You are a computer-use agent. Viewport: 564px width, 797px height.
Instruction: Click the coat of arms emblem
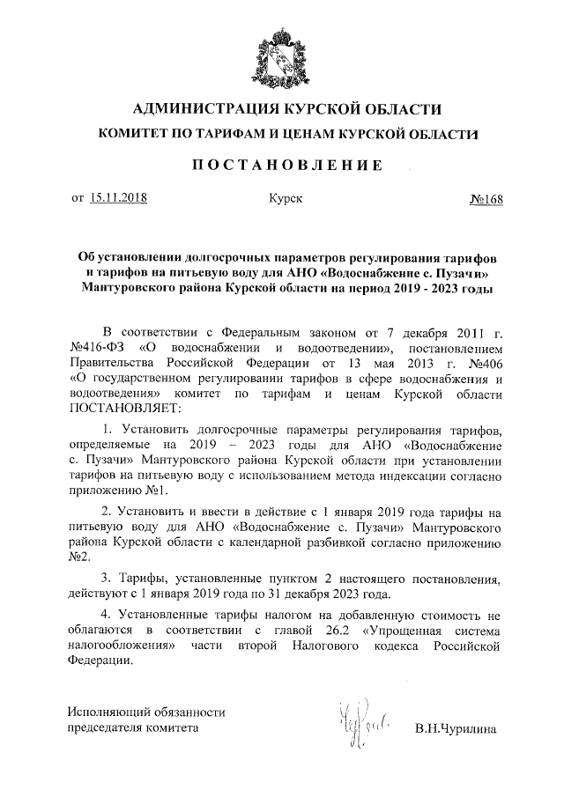282,53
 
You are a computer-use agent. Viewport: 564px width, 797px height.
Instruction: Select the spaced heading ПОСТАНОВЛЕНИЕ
281,166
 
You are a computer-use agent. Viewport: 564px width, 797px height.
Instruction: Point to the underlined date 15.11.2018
118,199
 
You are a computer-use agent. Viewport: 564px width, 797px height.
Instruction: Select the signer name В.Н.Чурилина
456,729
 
